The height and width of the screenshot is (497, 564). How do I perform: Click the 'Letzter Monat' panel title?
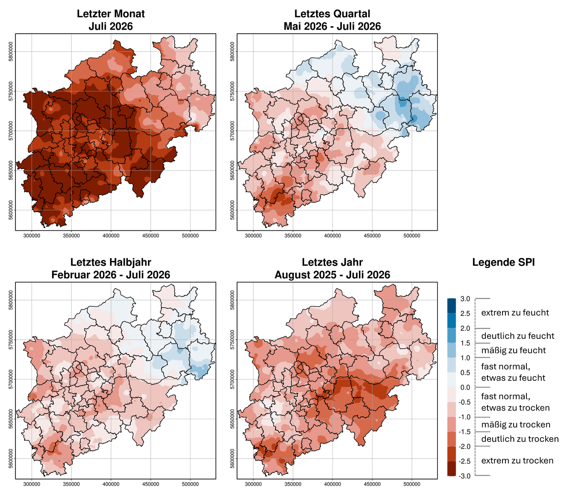coord(111,14)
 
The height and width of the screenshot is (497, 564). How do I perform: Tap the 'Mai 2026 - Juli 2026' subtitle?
coord(332,26)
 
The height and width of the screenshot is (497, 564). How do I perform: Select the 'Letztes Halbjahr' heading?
coord(111,262)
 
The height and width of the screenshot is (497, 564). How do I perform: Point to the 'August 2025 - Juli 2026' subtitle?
coord(332,274)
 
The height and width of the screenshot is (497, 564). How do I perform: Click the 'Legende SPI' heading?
coord(503,262)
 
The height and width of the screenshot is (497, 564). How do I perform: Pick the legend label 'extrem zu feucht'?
coord(515,312)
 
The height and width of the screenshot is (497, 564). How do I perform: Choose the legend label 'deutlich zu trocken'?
coord(520,439)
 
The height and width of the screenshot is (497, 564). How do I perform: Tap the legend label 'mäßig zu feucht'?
coord(513,350)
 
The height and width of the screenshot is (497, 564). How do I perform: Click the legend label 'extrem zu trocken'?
coord(517,461)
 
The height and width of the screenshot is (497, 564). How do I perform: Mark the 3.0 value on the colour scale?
coord(465,299)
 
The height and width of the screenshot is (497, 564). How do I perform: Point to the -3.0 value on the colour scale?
coord(464,476)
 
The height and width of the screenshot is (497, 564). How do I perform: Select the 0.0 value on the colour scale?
coord(465,387)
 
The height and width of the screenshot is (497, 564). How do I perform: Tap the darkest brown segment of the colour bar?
coord(452,468)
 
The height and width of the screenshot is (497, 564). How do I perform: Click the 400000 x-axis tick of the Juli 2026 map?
coord(111,235)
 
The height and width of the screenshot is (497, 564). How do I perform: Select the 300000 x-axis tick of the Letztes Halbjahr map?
coord(32,484)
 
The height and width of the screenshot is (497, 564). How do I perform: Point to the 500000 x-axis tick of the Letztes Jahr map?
coord(412,484)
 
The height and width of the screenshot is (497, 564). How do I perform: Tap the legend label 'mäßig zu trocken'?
coord(516,424)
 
